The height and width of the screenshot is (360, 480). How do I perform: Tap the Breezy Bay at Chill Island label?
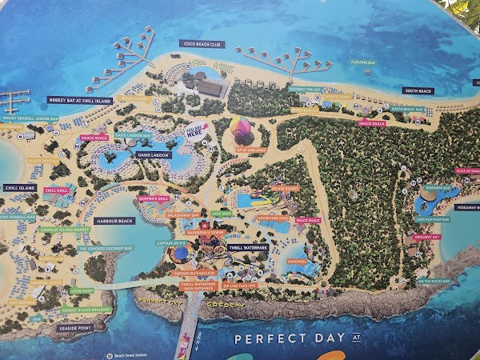(79, 99)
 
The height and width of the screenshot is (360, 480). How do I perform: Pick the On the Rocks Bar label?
(434, 281)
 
